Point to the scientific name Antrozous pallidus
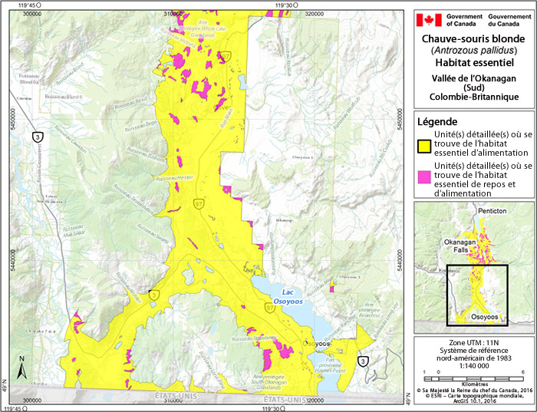[x=473, y=50]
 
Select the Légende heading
[x=437, y=121]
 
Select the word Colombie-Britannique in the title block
[x=473, y=97]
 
